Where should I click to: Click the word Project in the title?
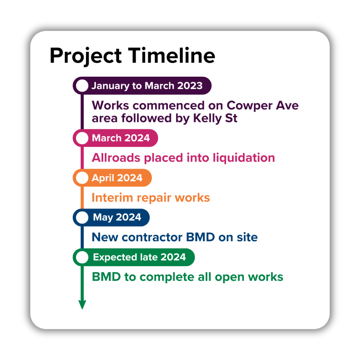coord(86,56)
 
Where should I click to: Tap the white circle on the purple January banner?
coord(82,86)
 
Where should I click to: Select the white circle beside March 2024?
coord(82,138)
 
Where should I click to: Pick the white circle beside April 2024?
coord(82,178)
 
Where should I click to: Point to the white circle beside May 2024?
coord(82,217)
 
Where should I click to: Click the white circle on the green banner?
coord(82,257)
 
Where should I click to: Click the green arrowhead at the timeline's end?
coord(82,304)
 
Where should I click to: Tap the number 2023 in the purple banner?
coord(190,86)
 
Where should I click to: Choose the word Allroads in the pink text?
coord(116,158)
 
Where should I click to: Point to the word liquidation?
coord(244,158)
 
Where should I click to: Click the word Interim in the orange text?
coord(112,198)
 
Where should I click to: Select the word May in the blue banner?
coord(103,218)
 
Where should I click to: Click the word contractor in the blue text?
coord(152,237)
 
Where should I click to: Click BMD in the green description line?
coord(106,277)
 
